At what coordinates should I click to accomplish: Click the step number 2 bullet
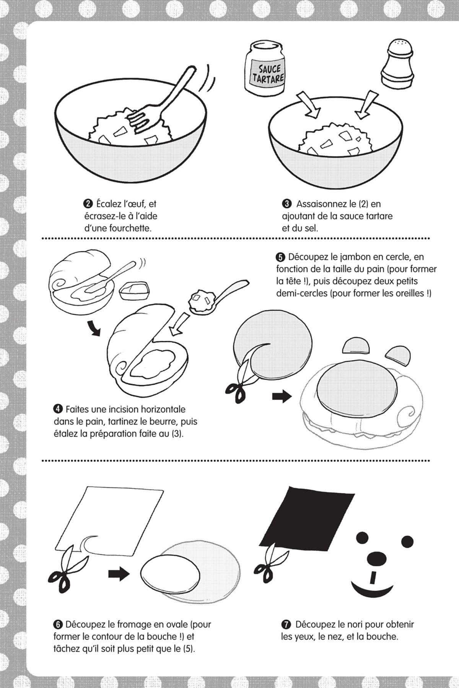coord(86,204)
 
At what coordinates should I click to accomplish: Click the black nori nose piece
coord(375,559)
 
